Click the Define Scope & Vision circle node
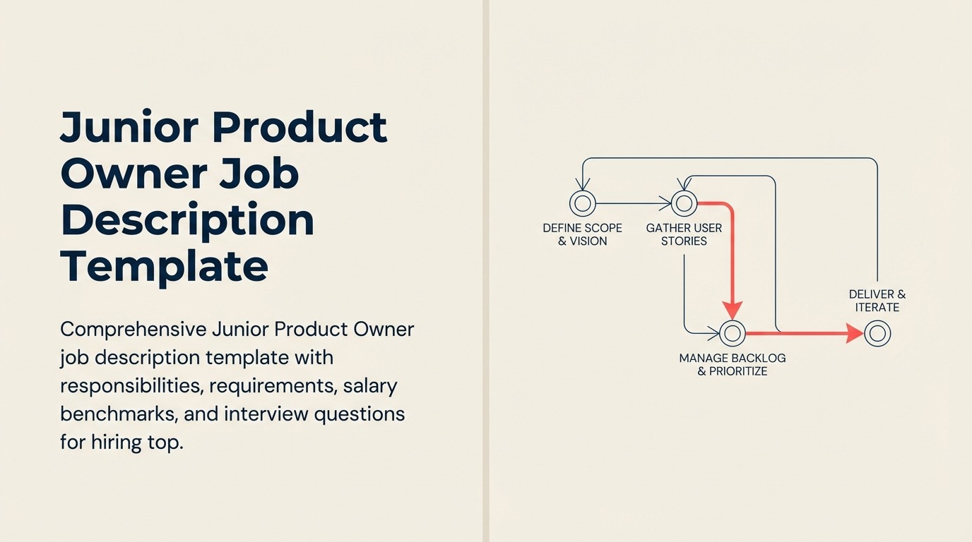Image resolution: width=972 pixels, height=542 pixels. pyautogui.click(x=583, y=203)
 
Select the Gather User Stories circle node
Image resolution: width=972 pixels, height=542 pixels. pyautogui.click(x=683, y=203)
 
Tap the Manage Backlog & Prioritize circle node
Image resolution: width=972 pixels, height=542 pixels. pyautogui.click(x=732, y=332)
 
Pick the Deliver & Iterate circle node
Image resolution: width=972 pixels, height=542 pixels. pyautogui.click(x=877, y=332)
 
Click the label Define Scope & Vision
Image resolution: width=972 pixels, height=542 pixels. pyautogui.click(x=582, y=234)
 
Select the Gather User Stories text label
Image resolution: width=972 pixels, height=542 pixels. pyautogui.click(x=684, y=234)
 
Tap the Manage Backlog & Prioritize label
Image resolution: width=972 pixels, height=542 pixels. pyautogui.click(x=732, y=364)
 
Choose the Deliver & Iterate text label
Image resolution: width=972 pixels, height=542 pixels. pyautogui.click(x=877, y=301)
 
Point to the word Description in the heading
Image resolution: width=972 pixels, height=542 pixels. pyautogui.click(x=187, y=220)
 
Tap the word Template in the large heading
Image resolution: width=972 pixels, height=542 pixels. pyautogui.click(x=165, y=266)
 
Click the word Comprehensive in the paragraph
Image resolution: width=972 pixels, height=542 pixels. pyautogui.click(x=133, y=330)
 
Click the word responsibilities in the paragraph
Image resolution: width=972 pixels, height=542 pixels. pyautogui.click(x=131, y=386)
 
